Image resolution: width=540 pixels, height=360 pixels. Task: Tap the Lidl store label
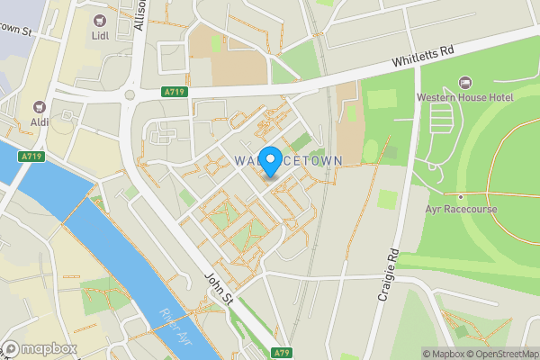click(99, 36)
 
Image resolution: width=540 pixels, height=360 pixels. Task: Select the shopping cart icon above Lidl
click(99, 19)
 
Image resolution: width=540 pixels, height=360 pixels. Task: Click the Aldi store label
click(40, 122)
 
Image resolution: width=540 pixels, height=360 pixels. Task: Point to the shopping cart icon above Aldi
click(40, 106)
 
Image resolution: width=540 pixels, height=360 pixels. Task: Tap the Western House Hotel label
click(463, 97)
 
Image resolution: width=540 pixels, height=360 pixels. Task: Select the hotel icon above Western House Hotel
click(464, 82)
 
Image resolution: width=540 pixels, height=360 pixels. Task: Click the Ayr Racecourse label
click(460, 209)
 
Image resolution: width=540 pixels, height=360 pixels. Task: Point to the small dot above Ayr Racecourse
click(460, 196)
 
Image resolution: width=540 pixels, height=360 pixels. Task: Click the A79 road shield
click(281, 352)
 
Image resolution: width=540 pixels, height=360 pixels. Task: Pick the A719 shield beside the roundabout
click(175, 91)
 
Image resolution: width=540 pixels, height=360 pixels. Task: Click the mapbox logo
click(40, 348)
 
